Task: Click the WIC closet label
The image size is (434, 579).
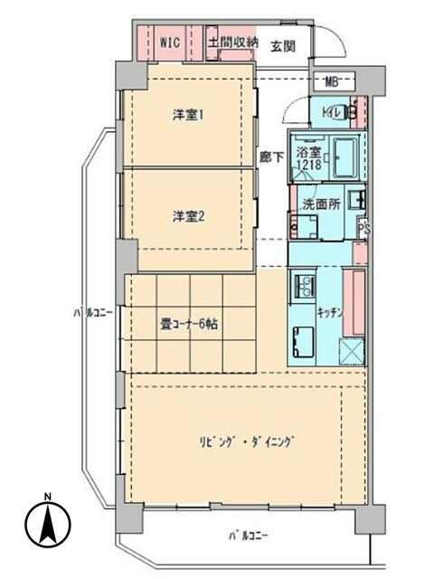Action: (170, 43)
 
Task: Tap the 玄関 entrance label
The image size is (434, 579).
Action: (283, 46)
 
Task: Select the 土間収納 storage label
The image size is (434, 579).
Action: (232, 43)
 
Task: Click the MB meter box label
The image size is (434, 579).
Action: (332, 82)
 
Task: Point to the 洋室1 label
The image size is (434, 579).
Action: (188, 115)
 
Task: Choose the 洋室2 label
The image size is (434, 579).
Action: (188, 216)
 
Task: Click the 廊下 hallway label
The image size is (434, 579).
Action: (271, 158)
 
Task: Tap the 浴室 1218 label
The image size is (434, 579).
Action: (309, 159)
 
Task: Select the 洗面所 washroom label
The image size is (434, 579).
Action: (322, 204)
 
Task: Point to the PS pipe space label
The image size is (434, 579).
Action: (363, 229)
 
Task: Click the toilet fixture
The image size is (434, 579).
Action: (349, 111)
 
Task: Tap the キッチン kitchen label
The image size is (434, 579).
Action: (330, 313)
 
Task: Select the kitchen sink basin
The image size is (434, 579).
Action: (304, 342)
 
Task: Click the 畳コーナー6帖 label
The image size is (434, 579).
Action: (188, 324)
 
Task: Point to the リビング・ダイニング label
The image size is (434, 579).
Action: (247, 442)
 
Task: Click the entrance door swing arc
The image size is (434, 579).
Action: (337, 42)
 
